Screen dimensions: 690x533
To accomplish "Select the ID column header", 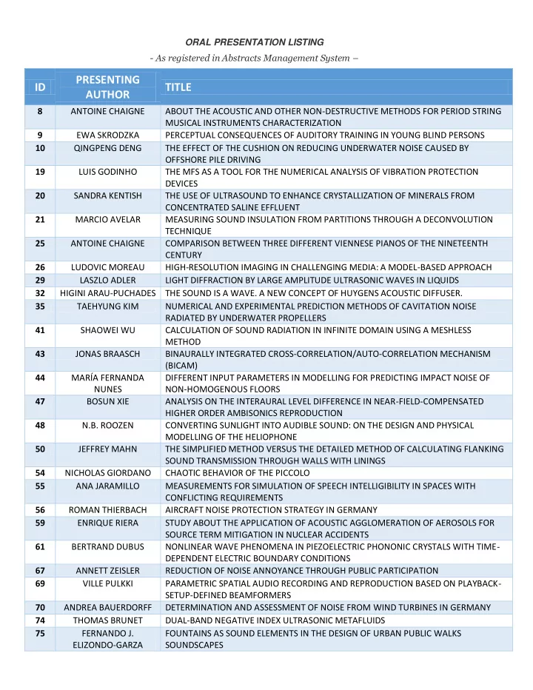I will pyautogui.click(x=40, y=87).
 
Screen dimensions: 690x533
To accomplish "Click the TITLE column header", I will pyautogui.click(x=178, y=87).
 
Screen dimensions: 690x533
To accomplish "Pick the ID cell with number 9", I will pyautogui.click(x=40, y=135).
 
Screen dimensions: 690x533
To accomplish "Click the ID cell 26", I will pyautogui.click(x=40, y=267).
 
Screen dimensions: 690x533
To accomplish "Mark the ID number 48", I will pyautogui.click(x=40, y=425).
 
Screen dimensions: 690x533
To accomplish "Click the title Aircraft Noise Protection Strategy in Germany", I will pyautogui.click(x=271, y=509).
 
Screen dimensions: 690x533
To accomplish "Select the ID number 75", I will pyautogui.click(x=40, y=633).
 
